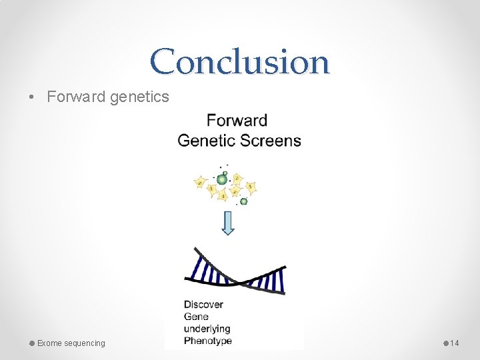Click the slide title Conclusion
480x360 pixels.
pyautogui.click(x=239, y=61)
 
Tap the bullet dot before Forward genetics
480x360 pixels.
pyautogui.click(x=32, y=97)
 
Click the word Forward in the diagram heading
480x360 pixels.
pyautogui.click(x=237, y=121)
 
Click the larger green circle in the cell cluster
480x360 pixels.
pyautogui.click(x=222, y=179)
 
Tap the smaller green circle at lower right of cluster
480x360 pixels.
pyautogui.click(x=244, y=201)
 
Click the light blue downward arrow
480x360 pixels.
pyautogui.click(x=228, y=223)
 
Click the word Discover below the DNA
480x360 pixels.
pyautogui.click(x=203, y=305)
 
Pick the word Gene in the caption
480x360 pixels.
pyautogui.click(x=196, y=317)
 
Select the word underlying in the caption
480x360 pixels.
pyautogui.click(x=207, y=329)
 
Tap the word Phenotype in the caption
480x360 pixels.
pyautogui.click(x=208, y=341)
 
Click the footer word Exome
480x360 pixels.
pyautogui.click(x=49, y=343)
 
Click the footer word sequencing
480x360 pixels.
pyautogui.click(x=84, y=343)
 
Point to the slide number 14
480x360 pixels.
pyautogui.click(x=455, y=343)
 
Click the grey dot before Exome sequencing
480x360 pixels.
pyautogui.click(x=31, y=343)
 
